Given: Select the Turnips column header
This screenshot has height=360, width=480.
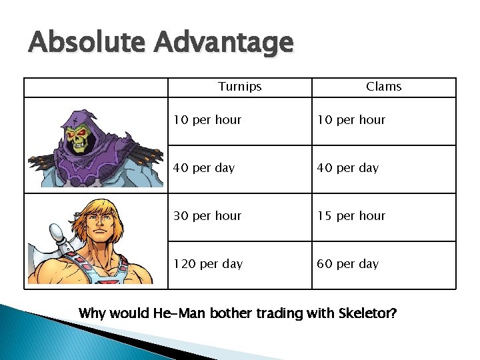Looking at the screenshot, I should point(240,87).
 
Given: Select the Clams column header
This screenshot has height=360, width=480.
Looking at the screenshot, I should point(384,87).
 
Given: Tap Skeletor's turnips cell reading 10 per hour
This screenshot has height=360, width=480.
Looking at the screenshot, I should point(207,120).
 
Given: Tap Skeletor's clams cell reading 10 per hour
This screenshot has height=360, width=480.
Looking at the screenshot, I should point(351,120).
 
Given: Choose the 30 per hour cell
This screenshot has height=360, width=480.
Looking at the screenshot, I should point(207,216).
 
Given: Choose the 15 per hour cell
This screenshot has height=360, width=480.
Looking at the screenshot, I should point(351,216).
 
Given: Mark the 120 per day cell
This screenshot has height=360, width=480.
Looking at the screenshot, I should point(208,264).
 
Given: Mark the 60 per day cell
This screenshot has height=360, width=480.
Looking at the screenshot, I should point(348,264).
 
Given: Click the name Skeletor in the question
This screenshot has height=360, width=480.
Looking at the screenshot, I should point(370,312).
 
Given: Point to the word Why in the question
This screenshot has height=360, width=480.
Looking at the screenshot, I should point(92,312).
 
